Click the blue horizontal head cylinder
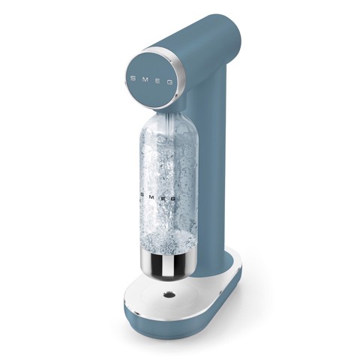pyautogui.click(x=202, y=52)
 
